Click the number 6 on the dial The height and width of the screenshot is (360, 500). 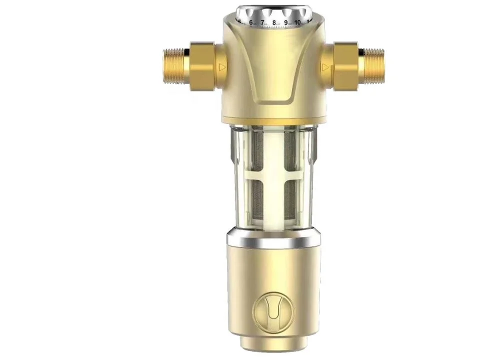251,22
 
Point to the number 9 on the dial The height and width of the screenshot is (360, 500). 286,22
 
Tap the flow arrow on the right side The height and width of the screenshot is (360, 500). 326,66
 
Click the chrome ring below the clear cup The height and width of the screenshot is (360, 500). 273,239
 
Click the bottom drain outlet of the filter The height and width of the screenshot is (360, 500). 273,345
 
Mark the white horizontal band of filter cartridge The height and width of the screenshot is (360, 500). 273,175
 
